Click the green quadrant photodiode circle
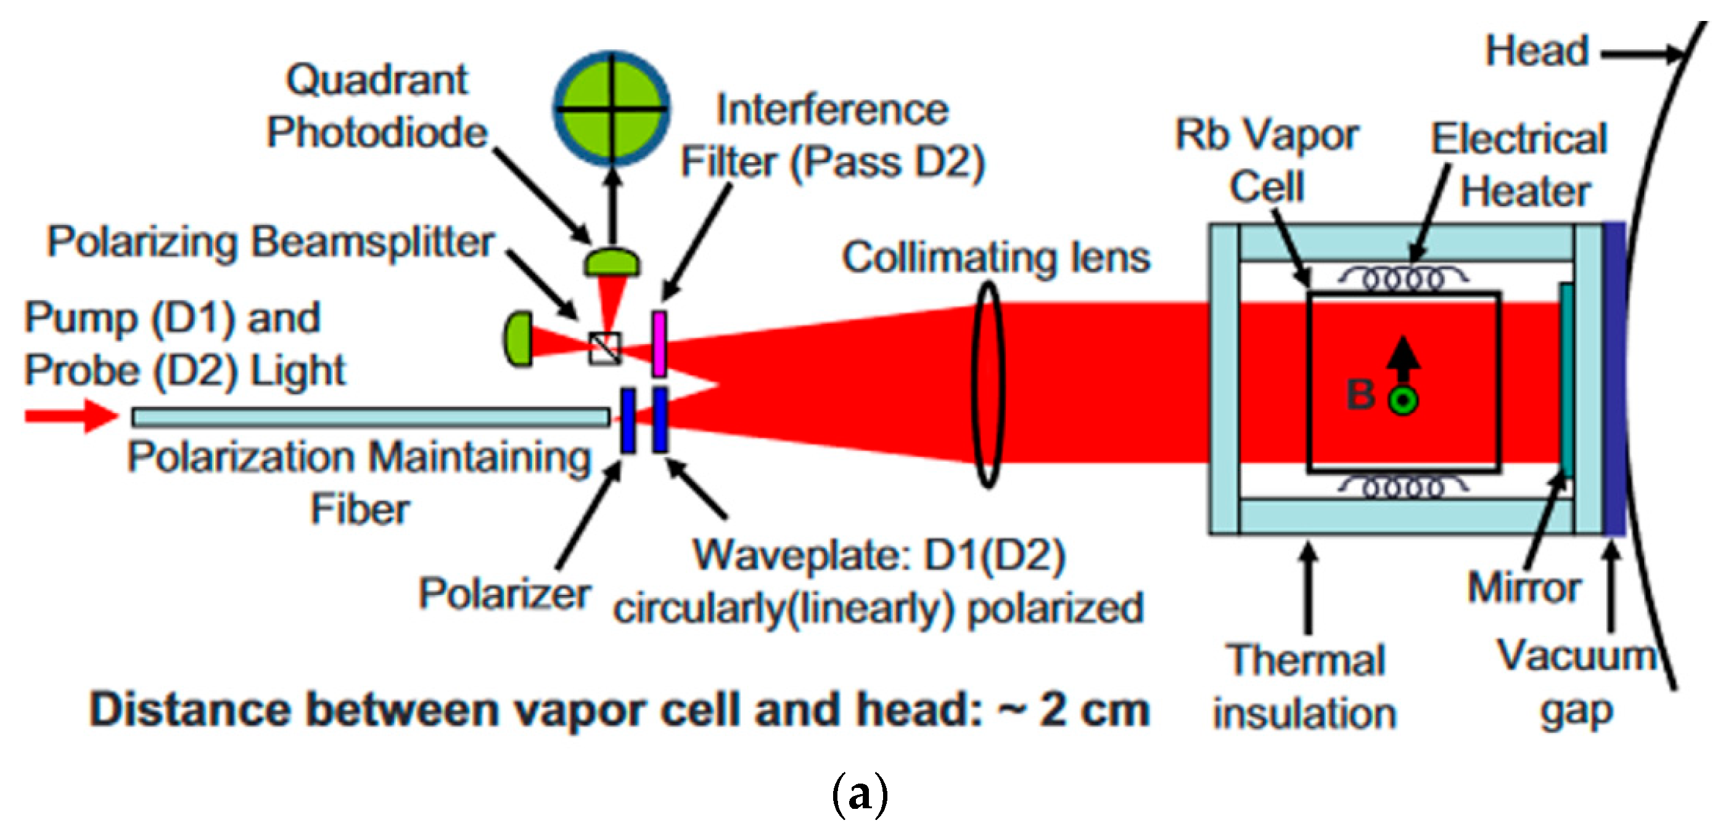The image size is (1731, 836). click(612, 107)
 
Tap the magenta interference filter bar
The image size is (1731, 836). click(659, 343)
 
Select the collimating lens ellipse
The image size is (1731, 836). click(988, 384)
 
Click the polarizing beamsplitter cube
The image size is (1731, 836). click(605, 348)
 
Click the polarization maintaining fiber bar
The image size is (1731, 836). click(370, 417)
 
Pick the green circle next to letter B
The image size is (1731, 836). click(1403, 401)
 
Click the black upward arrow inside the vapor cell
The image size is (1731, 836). click(1402, 359)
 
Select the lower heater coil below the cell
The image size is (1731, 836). click(1403, 486)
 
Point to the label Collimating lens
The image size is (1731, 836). click(996, 258)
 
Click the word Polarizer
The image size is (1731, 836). click(504, 594)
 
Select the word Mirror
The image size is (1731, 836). click(1523, 588)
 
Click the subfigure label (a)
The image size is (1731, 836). click(860, 794)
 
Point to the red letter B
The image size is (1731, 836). click(1361, 395)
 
